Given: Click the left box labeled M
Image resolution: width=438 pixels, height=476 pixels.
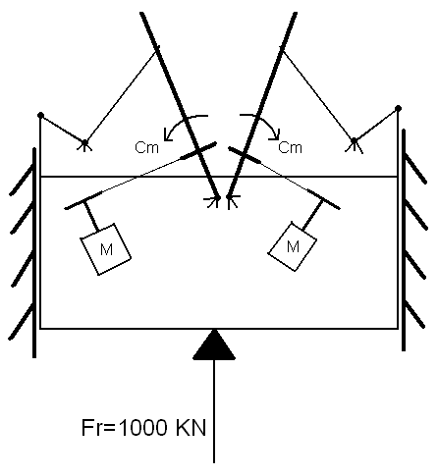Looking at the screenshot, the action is pyautogui.click(x=106, y=249).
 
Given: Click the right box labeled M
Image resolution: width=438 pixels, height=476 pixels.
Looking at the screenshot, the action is pyautogui.click(x=293, y=246).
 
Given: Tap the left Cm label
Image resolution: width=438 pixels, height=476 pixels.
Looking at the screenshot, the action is pyautogui.click(x=146, y=148).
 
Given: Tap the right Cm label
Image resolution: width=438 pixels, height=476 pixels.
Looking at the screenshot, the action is pyautogui.click(x=290, y=147).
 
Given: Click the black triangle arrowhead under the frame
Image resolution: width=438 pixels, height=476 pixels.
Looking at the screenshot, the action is pyautogui.click(x=214, y=344).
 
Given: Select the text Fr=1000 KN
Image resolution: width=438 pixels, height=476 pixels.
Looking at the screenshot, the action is pyautogui.click(x=143, y=428).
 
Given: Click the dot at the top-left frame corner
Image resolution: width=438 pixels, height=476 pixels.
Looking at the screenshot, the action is pyautogui.click(x=40, y=115).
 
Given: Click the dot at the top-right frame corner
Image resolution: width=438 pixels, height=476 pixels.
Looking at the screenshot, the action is pyautogui.click(x=398, y=108).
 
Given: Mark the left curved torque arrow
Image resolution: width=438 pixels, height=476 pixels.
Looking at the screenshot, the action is pyautogui.click(x=180, y=122).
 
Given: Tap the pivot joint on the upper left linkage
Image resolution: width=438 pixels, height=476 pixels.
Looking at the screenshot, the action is pyautogui.click(x=84, y=143).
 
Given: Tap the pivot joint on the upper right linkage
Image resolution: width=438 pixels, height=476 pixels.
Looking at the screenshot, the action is pyautogui.click(x=354, y=140).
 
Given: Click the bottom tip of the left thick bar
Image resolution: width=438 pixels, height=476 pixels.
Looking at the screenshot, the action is pyautogui.click(x=218, y=197).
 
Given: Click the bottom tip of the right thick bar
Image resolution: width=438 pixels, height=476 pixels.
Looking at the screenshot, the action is pyautogui.click(x=228, y=196).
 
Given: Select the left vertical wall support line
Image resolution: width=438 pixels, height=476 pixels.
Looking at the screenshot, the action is pyautogui.click(x=34, y=252).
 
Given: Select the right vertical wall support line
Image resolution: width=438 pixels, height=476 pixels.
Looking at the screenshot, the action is pyautogui.click(x=404, y=239).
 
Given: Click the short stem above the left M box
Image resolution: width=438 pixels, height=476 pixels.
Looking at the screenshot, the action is pyautogui.click(x=91, y=216).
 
